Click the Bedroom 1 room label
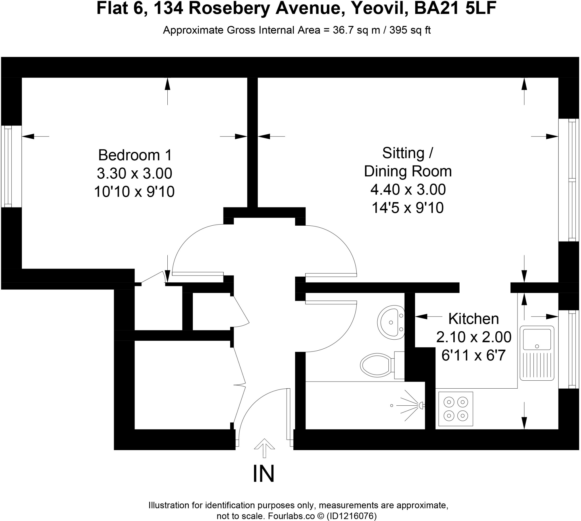click(x=135, y=155)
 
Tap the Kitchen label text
click(x=473, y=319)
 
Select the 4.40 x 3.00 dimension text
click(x=408, y=190)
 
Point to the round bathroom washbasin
click(x=391, y=323)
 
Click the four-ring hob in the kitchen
click(x=456, y=409)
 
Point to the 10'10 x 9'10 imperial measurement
click(x=134, y=192)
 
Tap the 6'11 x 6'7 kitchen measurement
click(x=473, y=355)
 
